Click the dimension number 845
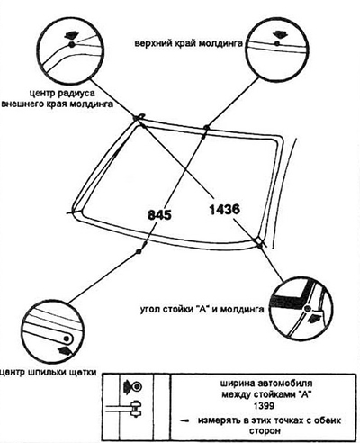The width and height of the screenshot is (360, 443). tap(159, 214)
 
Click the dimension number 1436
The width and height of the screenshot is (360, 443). tap(225, 209)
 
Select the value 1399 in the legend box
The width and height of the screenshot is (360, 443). tap(264, 406)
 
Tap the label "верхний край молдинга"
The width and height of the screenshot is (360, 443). tap(188, 43)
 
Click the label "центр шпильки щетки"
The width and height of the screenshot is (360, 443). tap(48, 373)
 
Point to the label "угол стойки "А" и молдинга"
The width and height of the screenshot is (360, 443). tap(202, 309)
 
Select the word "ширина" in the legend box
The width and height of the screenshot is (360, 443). tap(237, 384)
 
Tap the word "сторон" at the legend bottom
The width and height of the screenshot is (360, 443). tap(265, 431)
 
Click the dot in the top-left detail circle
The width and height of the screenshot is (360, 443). tap(71, 45)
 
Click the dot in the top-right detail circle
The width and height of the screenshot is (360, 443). tap(277, 44)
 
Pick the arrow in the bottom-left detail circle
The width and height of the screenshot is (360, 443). tap(65, 349)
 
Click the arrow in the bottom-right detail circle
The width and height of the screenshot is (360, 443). tap(314, 318)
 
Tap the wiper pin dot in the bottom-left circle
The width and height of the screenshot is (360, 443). tap(67, 339)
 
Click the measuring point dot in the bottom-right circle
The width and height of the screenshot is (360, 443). tap(307, 309)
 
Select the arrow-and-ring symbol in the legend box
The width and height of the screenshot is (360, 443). tap(132, 386)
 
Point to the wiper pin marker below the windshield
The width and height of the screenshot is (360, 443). tap(139, 251)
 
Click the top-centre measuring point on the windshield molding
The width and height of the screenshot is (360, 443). tap(206, 128)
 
